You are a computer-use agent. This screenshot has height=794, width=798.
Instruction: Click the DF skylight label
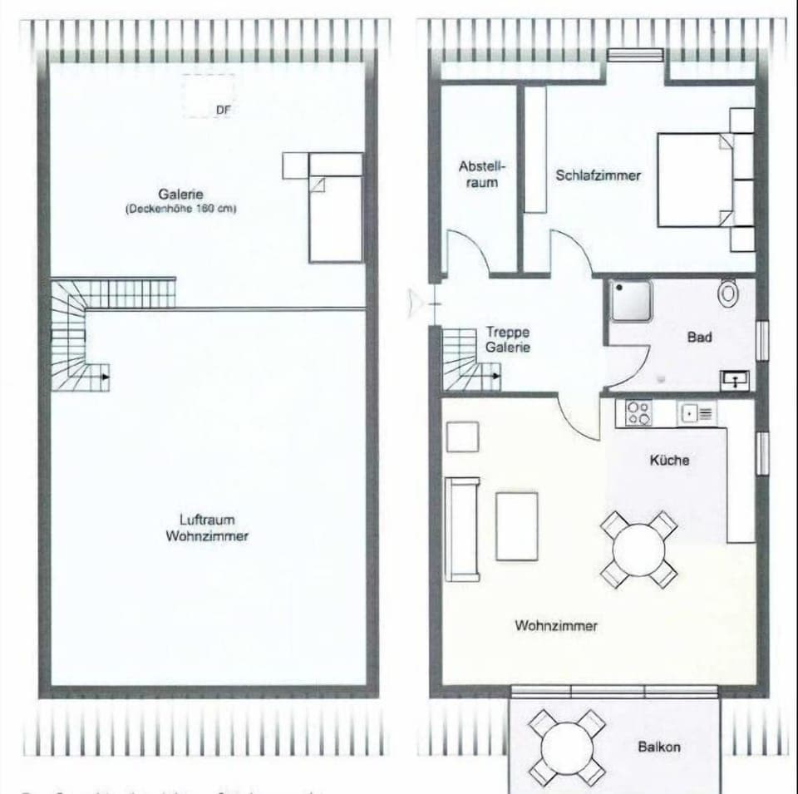[x=222, y=109]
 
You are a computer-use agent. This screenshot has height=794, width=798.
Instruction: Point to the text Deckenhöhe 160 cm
[x=181, y=210]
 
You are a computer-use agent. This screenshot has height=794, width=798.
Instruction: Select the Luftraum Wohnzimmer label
[x=207, y=528]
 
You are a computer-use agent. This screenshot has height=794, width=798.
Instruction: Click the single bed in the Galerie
[x=335, y=218]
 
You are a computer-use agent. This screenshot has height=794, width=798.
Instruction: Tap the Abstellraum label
[x=481, y=174]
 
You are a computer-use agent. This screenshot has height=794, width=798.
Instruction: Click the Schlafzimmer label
[x=598, y=175]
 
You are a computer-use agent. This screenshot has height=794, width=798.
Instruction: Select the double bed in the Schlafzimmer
[x=696, y=180]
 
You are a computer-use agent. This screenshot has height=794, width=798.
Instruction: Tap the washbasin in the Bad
[x=736, y=380]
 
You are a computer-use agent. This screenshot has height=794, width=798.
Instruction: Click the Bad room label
[x=699, y=338]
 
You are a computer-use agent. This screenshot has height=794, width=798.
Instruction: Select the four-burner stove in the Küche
[x=638, y=413]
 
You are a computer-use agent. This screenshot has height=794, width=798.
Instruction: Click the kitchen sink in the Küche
[x=697, y=412]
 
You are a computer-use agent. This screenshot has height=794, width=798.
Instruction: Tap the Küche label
[x=669, y=459]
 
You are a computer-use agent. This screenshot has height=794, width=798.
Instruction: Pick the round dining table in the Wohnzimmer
[x=638, y=549]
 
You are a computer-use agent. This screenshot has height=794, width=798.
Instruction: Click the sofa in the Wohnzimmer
[x=462, y=528]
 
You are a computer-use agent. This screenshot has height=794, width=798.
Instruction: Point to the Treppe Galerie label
[x=507, y=340]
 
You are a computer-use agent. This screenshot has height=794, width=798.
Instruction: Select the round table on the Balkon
[x=568, y=747]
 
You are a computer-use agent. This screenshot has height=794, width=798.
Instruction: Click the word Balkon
[x=659, y=747]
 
